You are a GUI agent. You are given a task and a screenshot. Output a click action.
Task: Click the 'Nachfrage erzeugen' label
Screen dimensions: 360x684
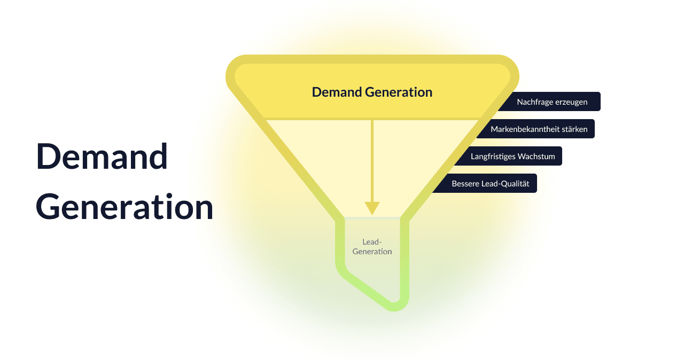point(552,101)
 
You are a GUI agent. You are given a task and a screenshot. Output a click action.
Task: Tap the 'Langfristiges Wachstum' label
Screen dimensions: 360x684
point(512,156)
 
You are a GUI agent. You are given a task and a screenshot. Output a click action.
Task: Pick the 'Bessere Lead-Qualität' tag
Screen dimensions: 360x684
point(490,184)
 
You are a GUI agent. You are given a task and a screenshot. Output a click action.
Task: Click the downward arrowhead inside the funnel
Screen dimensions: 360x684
point(372,208)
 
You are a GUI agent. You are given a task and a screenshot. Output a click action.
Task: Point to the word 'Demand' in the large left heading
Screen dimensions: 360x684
point(102,157)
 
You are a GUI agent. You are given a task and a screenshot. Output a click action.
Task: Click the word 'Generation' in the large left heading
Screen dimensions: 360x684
point(124,207)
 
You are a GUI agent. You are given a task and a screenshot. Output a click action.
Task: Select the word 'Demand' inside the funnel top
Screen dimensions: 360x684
point(337,92)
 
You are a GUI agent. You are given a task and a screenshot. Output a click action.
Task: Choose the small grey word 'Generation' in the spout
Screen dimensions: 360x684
point(372,251)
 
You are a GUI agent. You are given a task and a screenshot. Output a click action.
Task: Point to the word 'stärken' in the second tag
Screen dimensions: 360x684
point(575,129)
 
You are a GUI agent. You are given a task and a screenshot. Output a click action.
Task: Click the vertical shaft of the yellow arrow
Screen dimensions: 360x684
point(372,160)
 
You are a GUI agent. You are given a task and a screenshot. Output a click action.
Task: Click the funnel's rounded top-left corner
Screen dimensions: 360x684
point(235,67)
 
